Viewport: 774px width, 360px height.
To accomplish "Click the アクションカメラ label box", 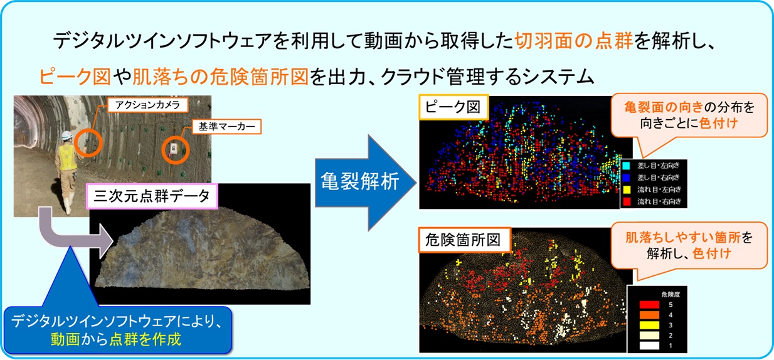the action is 147,105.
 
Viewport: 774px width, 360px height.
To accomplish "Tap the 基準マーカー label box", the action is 226,127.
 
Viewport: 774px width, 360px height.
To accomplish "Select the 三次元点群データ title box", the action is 152,196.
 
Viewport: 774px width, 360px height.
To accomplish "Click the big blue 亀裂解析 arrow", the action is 366,183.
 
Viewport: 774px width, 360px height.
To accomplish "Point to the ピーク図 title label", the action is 453,107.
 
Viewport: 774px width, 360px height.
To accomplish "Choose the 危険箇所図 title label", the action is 464,240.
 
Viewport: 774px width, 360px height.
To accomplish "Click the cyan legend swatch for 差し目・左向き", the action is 626,166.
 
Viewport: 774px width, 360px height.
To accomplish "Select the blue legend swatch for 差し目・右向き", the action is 626,177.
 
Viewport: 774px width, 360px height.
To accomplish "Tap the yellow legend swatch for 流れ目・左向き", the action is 626,189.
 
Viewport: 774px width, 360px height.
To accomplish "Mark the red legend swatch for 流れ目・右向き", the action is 626,201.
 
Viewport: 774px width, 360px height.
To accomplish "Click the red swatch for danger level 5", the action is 649,305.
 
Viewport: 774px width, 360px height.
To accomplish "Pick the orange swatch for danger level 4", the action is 649,315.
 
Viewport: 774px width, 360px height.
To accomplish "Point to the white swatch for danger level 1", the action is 649,346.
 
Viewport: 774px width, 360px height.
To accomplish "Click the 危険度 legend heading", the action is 671,294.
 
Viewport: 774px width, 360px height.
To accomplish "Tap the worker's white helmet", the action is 66,135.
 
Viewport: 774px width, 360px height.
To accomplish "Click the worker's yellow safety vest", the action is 67,157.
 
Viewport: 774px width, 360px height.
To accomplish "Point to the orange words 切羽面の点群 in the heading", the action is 573,41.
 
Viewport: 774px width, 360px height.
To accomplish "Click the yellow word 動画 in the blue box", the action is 65,339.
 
